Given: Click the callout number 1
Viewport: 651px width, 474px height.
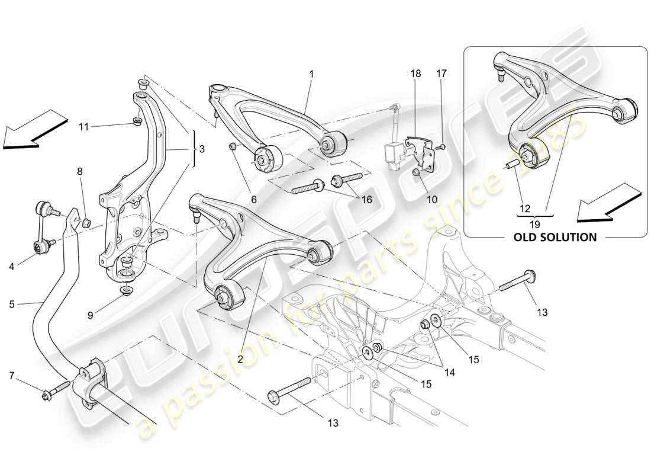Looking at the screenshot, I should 311,75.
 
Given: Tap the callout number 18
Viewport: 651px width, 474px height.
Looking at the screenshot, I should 415,74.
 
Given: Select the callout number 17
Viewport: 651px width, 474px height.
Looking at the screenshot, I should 441,74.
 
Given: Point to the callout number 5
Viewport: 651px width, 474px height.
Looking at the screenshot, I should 12,305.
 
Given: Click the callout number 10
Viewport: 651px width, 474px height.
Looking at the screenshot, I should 432,200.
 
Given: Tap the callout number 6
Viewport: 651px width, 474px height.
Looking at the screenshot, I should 253,200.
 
